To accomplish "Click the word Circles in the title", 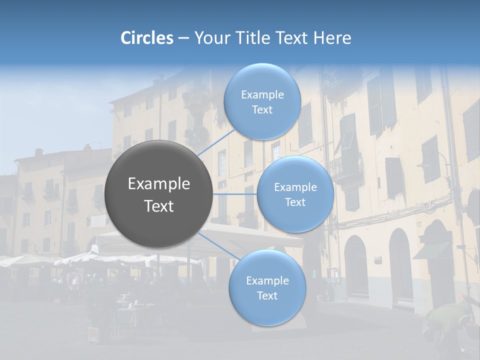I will tap(147, 38).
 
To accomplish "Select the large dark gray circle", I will tap(158, 194).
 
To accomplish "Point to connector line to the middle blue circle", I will tap(234, 194).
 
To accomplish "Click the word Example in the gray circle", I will tap(158, 184).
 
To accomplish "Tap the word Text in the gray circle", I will tap(158, 206).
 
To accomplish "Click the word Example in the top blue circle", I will tap(262, 95).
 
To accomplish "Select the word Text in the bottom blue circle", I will tap(267, 295).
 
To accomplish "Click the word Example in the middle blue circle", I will tap(295, 187).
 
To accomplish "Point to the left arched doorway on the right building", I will tap(356, 267).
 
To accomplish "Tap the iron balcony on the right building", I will tap(346, 167).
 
